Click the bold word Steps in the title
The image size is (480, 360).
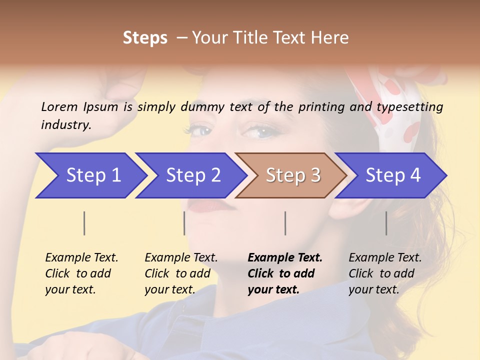coord(145,38)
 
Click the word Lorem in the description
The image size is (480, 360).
coord(59,106)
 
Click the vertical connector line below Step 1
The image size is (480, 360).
coord(84,223)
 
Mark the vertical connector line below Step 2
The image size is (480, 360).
coord(184,223)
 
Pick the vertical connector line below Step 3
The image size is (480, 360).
coord(285,223)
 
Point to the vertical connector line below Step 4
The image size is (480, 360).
coord(386,223)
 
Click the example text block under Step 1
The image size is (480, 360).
coord(81,273)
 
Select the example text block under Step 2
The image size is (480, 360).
coord(181,273)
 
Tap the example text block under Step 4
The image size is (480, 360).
coord(385,273)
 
